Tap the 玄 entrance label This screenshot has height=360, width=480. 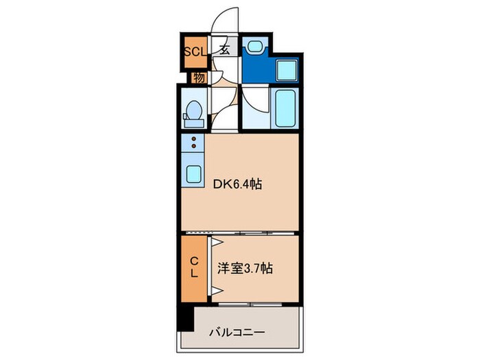click(225, 50)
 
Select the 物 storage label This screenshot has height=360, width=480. click(199, 76)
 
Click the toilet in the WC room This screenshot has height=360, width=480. click(193, 112)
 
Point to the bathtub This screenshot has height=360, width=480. click(285, 108)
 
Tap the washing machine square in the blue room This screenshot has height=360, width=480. click(285, 70)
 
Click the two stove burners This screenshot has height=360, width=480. click(194, 143)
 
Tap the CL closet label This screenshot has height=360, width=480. click(194, 267)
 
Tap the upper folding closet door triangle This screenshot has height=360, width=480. click(217, 243)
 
